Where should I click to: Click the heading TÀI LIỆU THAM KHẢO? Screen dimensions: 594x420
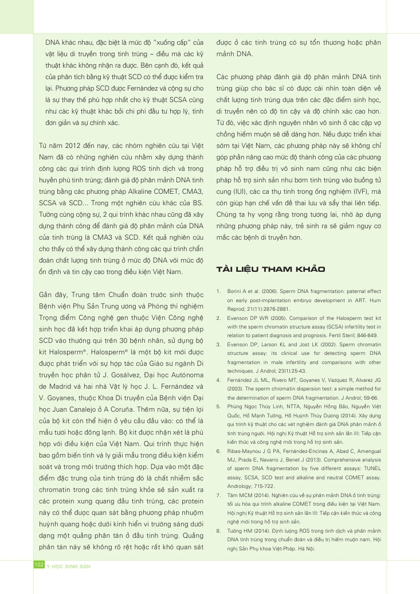coord(270,269)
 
